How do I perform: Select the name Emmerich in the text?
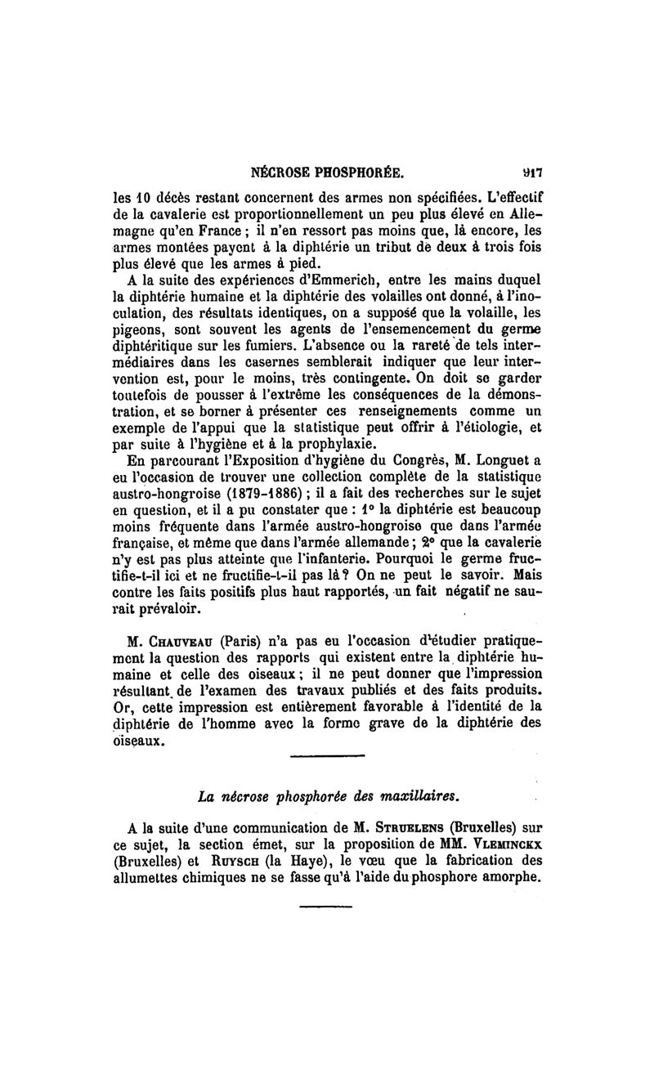pos(303,282)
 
